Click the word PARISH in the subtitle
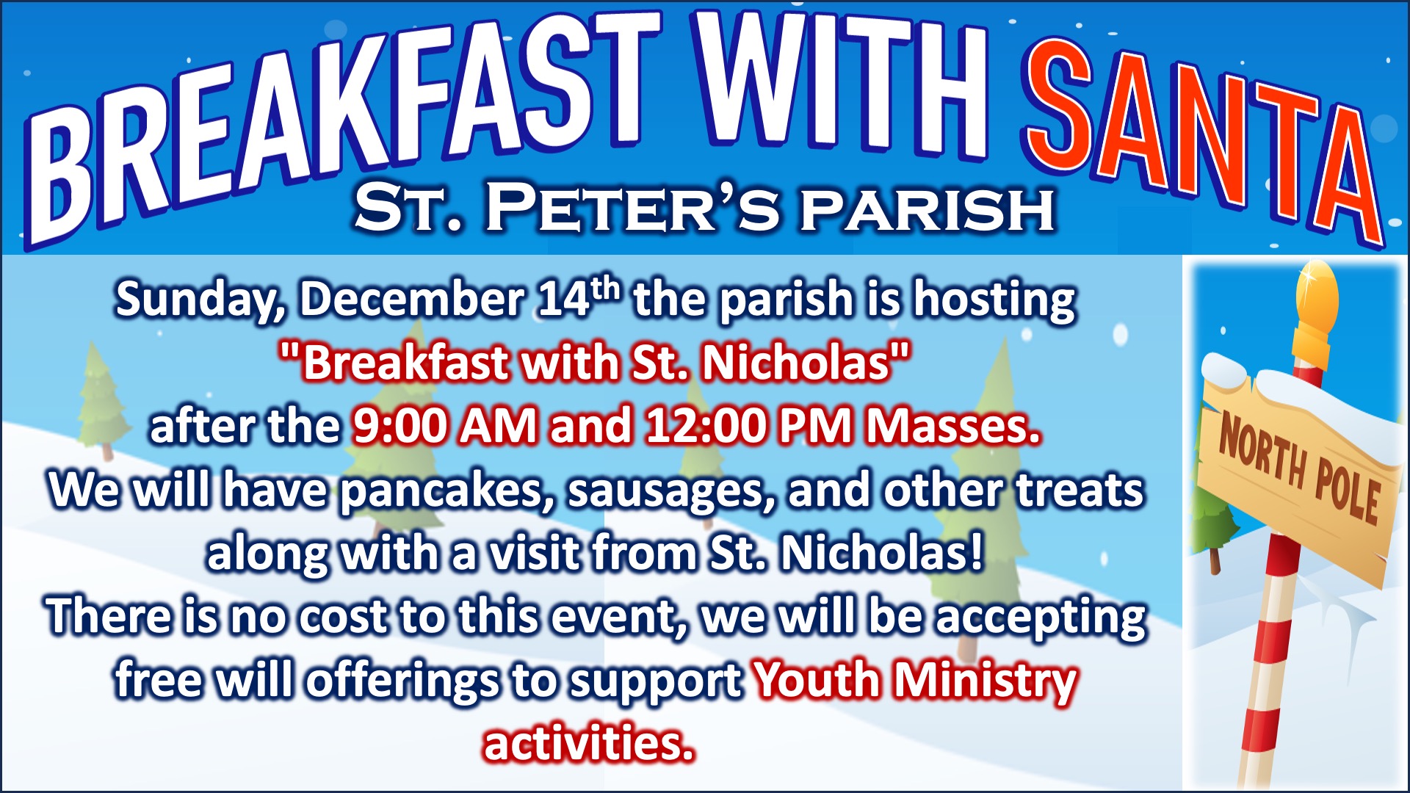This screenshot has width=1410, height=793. (928, 209)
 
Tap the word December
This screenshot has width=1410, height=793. (412, 299)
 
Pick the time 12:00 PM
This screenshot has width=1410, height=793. (748, 426)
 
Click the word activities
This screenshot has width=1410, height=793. (588, 743)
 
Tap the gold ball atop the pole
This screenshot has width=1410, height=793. (1318, 297)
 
